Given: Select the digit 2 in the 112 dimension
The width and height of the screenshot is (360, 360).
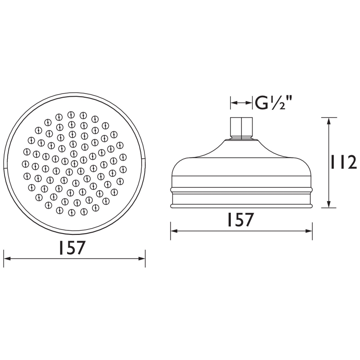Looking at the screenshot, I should pyautogui.click(x=351, y=162).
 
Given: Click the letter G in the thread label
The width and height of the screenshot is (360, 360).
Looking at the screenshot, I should pyautogui.click(x=261, y=103).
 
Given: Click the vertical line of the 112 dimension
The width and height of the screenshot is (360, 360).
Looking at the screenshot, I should pyautogui.click(x=329, y=162).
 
